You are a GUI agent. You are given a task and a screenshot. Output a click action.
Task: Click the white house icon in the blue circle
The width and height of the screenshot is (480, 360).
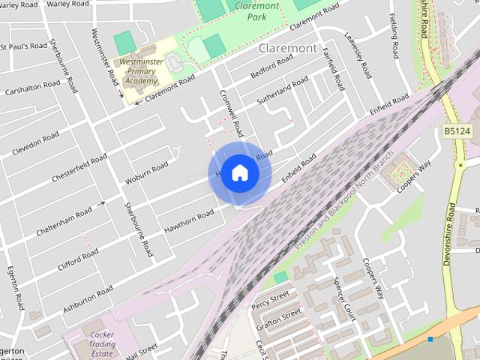pos(239,173)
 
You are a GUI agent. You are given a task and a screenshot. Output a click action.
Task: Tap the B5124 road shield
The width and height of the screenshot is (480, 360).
pos(457,130)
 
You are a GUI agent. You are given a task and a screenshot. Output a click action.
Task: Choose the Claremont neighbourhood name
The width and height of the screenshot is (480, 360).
pos(286,48)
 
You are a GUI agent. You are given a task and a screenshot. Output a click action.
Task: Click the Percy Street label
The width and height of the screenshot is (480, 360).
pos(271,301)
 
